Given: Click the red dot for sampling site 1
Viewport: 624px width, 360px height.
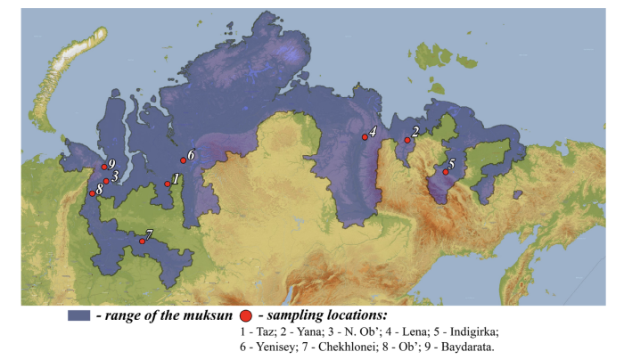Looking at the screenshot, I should point(168,184).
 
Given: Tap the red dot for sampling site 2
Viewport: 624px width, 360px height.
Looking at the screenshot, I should point(407,140).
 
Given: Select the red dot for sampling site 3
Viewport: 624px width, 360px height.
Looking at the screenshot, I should point(106,181).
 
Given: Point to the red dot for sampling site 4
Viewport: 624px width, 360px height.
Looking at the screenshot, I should point(365,137).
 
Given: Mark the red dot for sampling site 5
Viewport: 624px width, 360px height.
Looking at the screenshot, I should point(446,172).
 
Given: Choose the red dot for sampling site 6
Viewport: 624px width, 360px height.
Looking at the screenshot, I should point(184,160).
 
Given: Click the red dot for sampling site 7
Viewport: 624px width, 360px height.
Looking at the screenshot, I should point(143,241).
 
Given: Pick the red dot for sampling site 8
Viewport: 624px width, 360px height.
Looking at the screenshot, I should point(92,193).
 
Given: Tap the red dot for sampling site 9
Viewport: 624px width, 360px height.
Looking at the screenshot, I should point(103,167).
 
